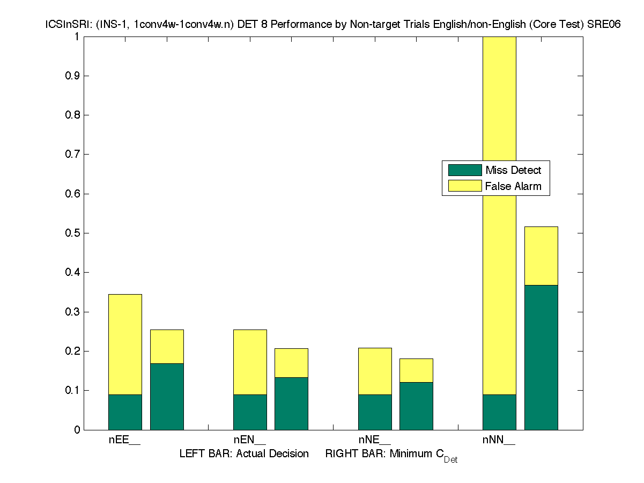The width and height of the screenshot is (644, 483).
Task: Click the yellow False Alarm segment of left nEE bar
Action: coord(125,344)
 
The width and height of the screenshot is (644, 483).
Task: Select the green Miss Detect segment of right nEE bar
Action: coord(167,397)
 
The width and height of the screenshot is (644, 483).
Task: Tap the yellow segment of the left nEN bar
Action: coord(250,362)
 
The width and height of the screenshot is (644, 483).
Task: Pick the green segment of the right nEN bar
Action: coord(291,404)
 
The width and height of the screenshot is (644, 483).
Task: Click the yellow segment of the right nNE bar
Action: coord(416,370)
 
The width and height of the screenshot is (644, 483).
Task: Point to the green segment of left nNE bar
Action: coord(375,412)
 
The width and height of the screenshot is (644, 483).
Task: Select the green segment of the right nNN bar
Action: coord(541,357)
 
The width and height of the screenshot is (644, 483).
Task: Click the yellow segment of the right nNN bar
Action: coord(541,256)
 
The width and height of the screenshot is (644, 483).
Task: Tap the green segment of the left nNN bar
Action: coord(499,412)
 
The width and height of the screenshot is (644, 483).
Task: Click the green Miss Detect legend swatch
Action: coord(465,170)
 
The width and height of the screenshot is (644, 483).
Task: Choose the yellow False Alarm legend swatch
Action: coord(465,186)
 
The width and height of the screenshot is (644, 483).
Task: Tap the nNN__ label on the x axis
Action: coord(499,440)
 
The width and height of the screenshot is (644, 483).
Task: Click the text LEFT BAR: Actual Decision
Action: coord(244,454)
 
